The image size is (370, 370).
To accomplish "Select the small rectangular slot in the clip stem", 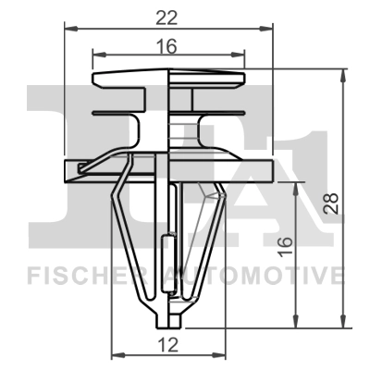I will [166, 254].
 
